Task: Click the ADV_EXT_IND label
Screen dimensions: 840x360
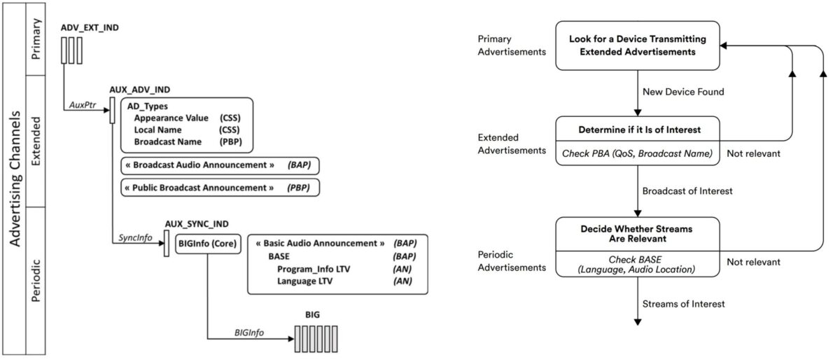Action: [x=90, y=28]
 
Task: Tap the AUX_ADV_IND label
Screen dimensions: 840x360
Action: [x=139, y=90]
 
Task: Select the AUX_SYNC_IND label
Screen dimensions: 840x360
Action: [x=197, y=224]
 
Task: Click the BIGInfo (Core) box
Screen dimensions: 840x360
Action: [x=208, y=244]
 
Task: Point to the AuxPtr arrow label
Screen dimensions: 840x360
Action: [x=83, y=105]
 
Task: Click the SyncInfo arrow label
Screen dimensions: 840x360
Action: [x=135, y=237]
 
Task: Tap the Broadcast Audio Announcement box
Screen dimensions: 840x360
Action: [x=220, y=165]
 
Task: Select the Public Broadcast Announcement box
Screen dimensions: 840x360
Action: [x=220, y=188]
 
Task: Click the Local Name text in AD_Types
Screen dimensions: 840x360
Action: [x=158, y=130]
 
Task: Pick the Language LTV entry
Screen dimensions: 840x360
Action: [x=304, y=281]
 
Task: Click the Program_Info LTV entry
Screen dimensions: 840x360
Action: [x=314, y=269]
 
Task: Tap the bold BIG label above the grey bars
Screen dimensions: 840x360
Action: [x=312, y=314]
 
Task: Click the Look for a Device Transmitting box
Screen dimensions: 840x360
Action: [x=638, y=46]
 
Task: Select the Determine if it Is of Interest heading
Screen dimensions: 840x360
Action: [x=639, y=130]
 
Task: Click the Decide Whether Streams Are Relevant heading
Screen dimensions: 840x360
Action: [x=637, y=234]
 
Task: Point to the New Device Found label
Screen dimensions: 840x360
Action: [x=683, y=92]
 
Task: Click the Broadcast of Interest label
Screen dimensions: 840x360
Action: [x=687, y=191]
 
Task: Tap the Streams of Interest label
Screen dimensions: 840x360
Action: [x=684, y=304]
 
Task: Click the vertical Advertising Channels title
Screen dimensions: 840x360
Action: [x=15, y=179]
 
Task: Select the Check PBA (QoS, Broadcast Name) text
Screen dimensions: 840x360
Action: [x=637, y=153]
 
